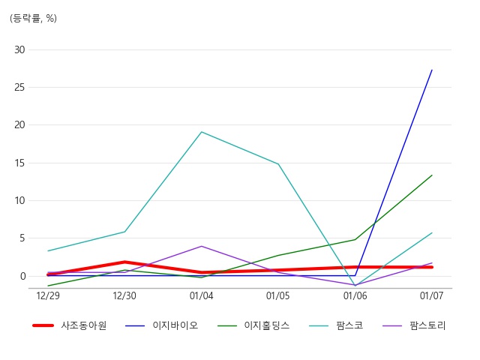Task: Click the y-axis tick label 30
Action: (19, 49)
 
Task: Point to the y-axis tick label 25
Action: (19, 88)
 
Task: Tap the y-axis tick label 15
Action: (19, 163)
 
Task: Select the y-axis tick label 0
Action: (22, 277)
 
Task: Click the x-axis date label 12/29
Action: (48, 295)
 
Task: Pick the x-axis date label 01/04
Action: (202, 295)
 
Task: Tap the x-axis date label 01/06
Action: (355, 295)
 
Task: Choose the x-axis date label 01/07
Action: (432, 295)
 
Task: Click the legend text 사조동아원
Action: (83, 325)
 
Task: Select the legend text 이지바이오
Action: (175, 325)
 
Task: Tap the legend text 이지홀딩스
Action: (267, 325)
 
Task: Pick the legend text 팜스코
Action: (350, 325)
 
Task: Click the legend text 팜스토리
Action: (427, 325)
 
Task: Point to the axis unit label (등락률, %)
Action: (33, 18)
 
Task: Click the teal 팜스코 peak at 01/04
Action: (202, 132)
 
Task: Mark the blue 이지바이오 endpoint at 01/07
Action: (432, 70)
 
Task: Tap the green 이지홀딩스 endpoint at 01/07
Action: (432, 175)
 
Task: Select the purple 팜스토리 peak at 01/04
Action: (202, 246)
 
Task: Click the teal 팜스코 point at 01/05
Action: (278, 164)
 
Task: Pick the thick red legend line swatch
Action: (43, 325)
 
